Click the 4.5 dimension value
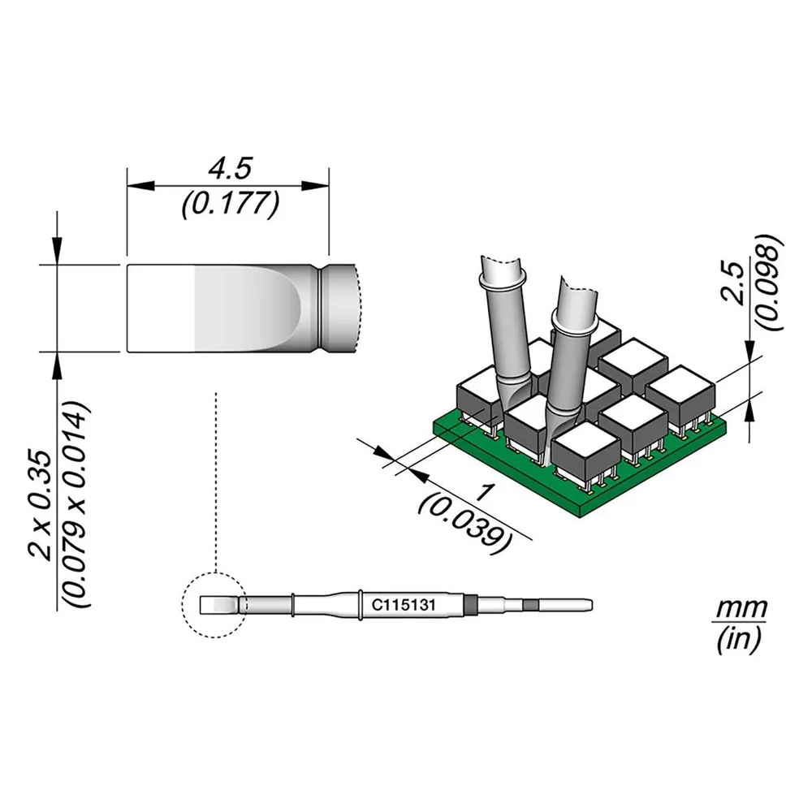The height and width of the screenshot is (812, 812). coord(230,169)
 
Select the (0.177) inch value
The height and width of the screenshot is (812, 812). coord(231,203)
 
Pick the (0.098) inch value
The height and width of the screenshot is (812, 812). coord(770,283)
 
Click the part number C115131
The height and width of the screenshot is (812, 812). coord(404,605)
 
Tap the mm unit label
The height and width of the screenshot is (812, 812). coord(740,608)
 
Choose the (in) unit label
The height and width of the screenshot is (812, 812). coord(739,640)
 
